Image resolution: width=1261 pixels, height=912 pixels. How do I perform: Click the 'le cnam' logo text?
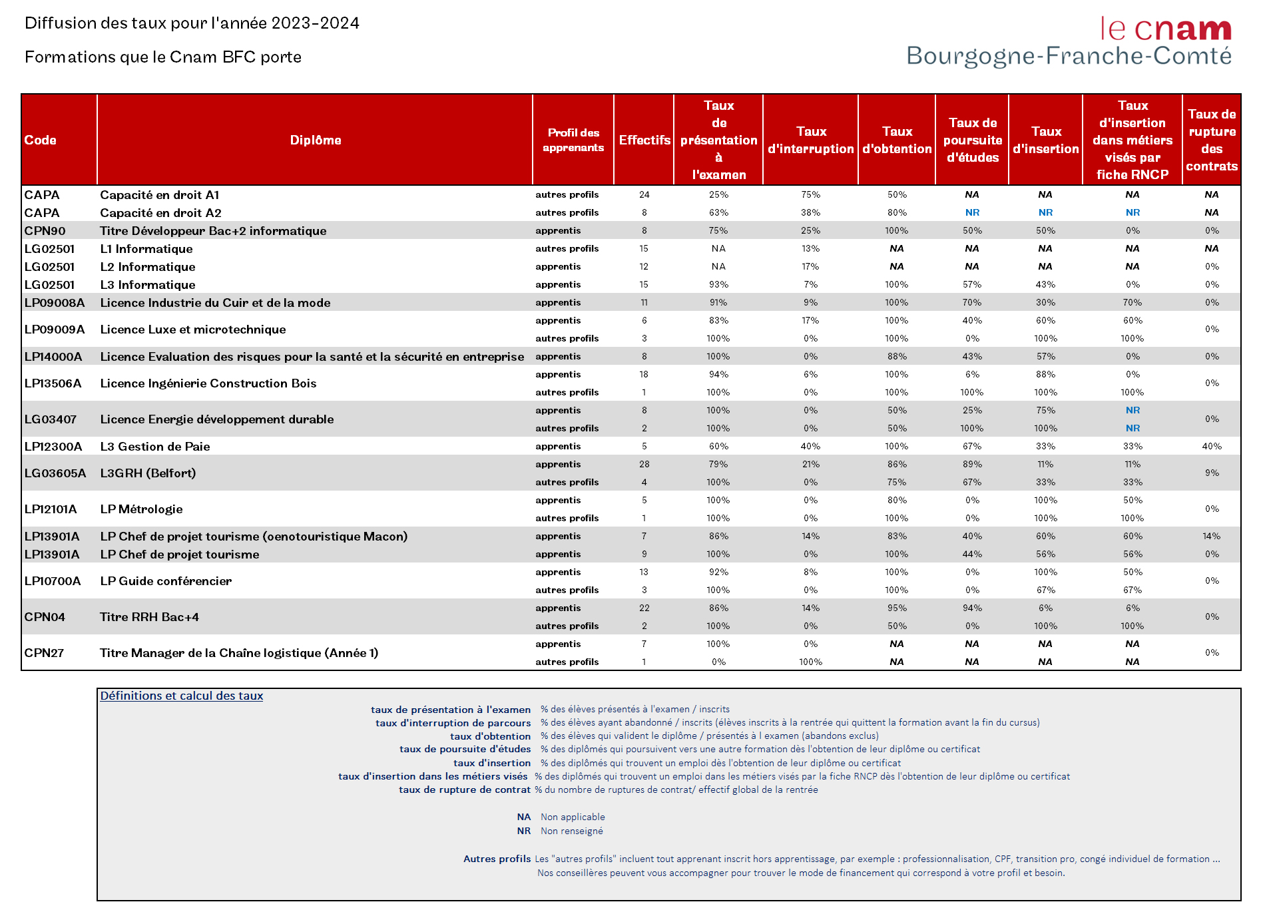coord(1165,29)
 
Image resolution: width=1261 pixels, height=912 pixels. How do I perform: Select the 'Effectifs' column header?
coord(644,140)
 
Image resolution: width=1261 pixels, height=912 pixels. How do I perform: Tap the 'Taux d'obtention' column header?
coord(897,140)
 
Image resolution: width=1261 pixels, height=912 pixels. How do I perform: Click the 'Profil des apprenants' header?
coord(573,140)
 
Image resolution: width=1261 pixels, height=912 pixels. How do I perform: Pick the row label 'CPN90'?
coord(45,231)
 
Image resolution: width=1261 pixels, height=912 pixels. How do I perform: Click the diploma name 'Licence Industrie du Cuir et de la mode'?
coord(215,303)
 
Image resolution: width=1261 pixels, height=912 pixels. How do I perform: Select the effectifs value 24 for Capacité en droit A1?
coord(644,195)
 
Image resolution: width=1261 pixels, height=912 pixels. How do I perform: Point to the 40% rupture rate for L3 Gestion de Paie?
coord(1211,447)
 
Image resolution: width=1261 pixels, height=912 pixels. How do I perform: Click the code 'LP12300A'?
coord(53,447)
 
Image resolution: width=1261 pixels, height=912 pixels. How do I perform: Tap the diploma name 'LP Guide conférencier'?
coord(166,581)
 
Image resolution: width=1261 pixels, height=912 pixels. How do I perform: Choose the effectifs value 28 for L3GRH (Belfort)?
coord(644,465)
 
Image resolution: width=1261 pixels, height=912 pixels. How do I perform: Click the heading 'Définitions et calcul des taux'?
coord(181,696)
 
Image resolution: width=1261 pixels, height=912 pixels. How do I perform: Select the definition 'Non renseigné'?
coord(571,831)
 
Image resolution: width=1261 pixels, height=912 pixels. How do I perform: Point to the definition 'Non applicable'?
coord(573,817)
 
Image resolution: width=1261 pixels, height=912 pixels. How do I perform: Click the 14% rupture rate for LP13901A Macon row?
coord(1211,537)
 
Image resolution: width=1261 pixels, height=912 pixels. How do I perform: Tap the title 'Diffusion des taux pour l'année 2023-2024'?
coord(192,23)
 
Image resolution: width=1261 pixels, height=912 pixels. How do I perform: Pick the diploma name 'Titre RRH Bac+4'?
coord(149,617)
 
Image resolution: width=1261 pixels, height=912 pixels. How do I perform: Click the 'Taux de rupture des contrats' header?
coord(1211,140)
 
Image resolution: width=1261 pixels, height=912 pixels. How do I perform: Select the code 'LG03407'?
coord(50,419)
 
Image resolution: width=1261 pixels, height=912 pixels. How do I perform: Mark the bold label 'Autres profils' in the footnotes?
coord(497,859)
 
